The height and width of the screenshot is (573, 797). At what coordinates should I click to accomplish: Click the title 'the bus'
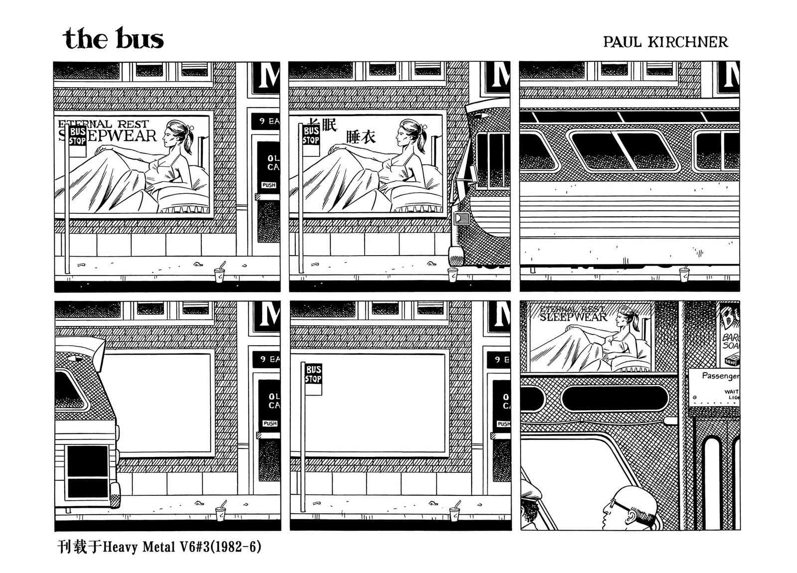tap(114, 39)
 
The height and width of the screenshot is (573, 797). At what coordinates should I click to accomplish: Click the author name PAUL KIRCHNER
tap(665, 42)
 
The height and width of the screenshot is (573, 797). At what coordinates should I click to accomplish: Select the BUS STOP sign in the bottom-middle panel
tap(313, 375)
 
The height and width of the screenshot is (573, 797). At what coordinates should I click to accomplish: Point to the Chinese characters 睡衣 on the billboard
tap(360, 137)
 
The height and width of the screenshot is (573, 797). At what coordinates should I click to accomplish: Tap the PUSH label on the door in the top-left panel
tap(268, 185)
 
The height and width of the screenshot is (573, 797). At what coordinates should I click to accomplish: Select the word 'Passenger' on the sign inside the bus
tap(720, 376)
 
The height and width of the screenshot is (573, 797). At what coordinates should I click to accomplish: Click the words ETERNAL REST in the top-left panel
tap(103, 124)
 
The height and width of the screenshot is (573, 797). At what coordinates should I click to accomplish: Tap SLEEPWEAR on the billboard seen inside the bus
tap(573, 316)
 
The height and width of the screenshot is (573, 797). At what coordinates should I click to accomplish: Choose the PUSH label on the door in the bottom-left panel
tap(269, 423)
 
